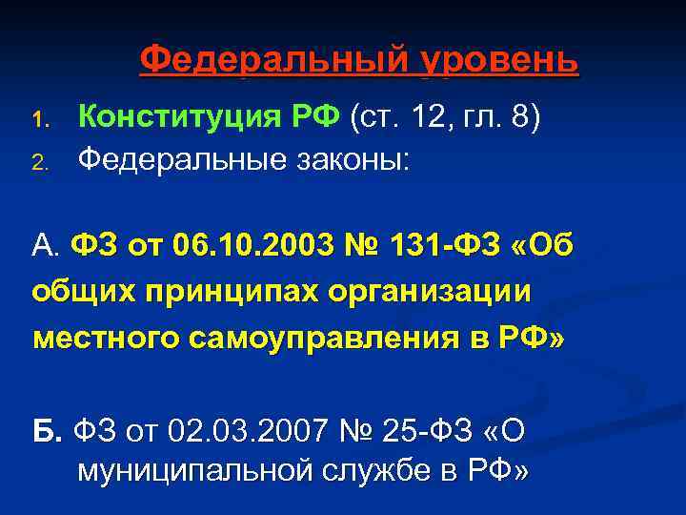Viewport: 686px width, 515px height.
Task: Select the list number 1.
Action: [39, 121]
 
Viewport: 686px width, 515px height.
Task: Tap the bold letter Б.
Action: [46, 430]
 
